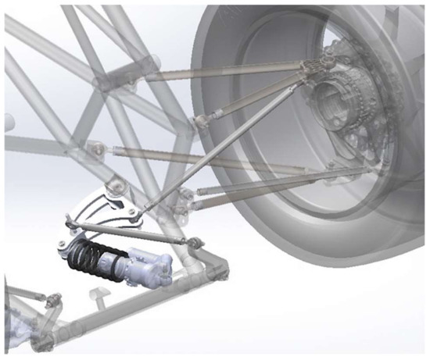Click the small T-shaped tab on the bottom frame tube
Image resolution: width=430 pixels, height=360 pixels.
pos(98,294)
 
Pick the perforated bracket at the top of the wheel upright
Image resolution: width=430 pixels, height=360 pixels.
pos(329,63)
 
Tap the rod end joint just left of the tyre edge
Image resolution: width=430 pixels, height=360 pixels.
pos(202,119)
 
